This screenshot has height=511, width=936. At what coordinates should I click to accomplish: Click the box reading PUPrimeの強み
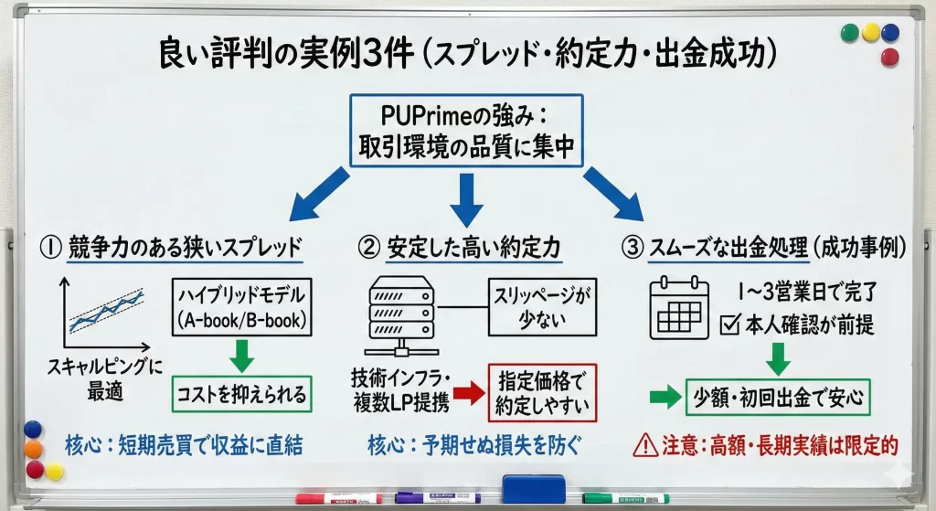point(467,130)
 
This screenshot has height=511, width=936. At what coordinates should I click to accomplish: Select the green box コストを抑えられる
point(241,395)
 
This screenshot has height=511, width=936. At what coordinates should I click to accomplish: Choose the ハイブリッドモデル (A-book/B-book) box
point(241,307)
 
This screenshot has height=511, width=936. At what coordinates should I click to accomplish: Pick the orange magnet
point(34,449)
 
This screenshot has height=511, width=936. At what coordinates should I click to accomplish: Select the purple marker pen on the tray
point(437,498)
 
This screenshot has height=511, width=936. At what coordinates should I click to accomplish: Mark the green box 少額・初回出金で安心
point(779,398)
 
